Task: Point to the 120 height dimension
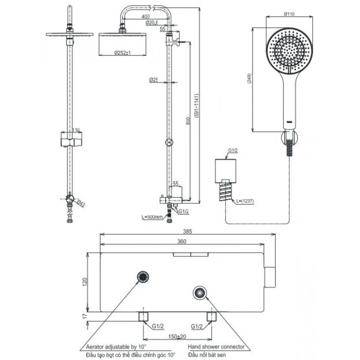click(84, 282)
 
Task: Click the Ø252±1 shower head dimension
click(121, 53)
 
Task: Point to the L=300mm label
click(152, 217)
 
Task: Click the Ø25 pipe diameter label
click(154, 80)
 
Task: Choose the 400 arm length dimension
click(145, 17)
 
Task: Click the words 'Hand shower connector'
click(216, 346)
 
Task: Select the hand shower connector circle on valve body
click(199, 292)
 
